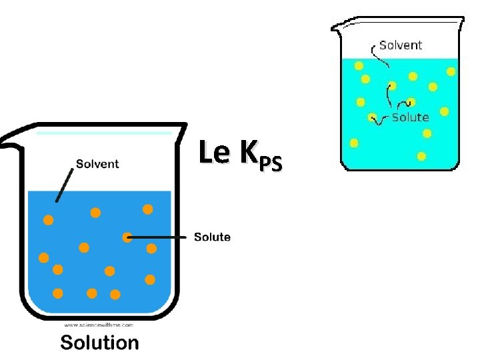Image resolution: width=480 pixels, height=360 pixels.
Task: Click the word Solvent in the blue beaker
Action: point(97,164)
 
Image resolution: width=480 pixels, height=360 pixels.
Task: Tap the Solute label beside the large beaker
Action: point(212,237)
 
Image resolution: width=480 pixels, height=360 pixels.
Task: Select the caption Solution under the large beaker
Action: point(100,343)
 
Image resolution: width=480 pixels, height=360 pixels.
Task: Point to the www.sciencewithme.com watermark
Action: point(99,325)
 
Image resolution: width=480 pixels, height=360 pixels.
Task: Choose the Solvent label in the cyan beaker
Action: point(401,45)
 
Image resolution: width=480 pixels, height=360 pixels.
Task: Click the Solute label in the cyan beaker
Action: point(410,117)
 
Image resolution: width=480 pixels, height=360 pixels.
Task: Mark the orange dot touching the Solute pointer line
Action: point(127,237)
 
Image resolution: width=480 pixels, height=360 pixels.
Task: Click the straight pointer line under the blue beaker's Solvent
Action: point(65,184)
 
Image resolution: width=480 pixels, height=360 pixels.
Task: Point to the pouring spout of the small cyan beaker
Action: point(337,27)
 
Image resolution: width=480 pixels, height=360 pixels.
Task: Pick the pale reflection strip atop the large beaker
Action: point(104,133)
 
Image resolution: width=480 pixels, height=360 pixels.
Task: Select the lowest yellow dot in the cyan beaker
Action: point(421,156)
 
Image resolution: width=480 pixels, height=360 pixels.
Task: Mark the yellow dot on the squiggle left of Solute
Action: point(372,118)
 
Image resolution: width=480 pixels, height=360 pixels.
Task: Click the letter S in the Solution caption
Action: point(67,343)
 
